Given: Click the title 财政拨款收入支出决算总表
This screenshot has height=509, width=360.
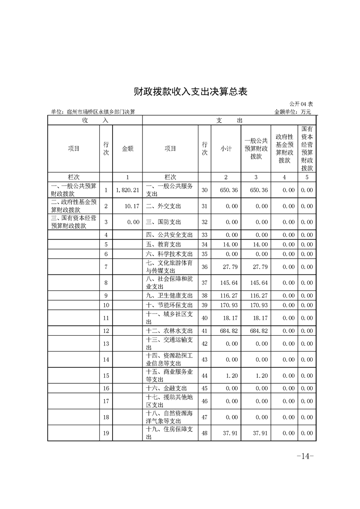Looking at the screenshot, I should (x=190, y=91).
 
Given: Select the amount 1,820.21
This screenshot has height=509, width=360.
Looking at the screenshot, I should (x=127, y=191).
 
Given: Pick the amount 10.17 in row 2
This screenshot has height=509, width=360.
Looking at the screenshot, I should (x=131, y=206).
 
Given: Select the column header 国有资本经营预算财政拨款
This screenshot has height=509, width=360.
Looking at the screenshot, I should (x=306, y=148).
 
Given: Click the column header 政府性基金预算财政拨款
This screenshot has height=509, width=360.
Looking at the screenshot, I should (x=284, y=148).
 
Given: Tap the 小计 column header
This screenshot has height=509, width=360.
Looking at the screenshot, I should (x=226, y=148).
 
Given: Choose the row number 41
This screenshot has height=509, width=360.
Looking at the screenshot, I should (x=204, y=331).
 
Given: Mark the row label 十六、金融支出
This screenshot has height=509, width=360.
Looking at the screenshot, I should (x=167, y=388).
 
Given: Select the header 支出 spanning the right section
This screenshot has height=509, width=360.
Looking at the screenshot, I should (x=229, y=120).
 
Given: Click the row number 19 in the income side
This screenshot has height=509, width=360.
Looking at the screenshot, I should (x=106, y=433).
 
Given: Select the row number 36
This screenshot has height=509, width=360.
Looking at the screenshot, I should (x=204, y=267).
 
